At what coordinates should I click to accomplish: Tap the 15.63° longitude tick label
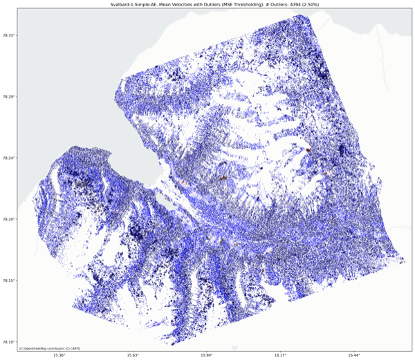click(133, 355)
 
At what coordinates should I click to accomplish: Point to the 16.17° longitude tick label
click(280, 355)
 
